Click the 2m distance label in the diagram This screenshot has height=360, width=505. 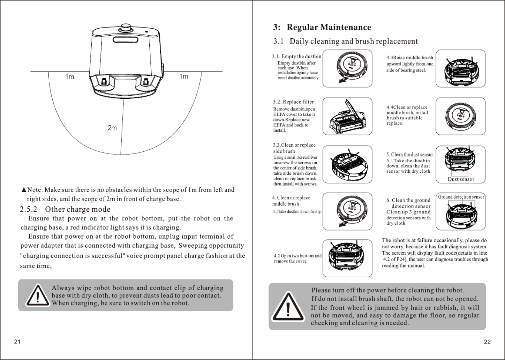pos(112,128)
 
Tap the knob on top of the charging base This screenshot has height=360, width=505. pos(126,28)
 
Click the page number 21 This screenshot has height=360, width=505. pos(17,342)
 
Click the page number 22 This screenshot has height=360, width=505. pos(487,342)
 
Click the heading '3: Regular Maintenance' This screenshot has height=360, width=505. pos(322,28)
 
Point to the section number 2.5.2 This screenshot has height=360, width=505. pos(29,209)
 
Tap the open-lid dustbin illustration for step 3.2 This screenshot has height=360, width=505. pos(347,116)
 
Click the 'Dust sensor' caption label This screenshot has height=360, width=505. pos(461,179)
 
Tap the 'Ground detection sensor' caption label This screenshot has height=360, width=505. pos(461,197)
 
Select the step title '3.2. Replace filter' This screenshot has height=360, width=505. pos(293,102)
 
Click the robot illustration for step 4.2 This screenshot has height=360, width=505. pos(347,258)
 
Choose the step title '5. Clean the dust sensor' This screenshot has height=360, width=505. pos(409,155)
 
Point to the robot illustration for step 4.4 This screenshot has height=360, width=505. pos(460,116)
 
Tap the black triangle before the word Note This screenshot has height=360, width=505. pos(24,190)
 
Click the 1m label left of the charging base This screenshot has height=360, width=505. pos(70,76)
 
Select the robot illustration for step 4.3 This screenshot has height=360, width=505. pos(460,68)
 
